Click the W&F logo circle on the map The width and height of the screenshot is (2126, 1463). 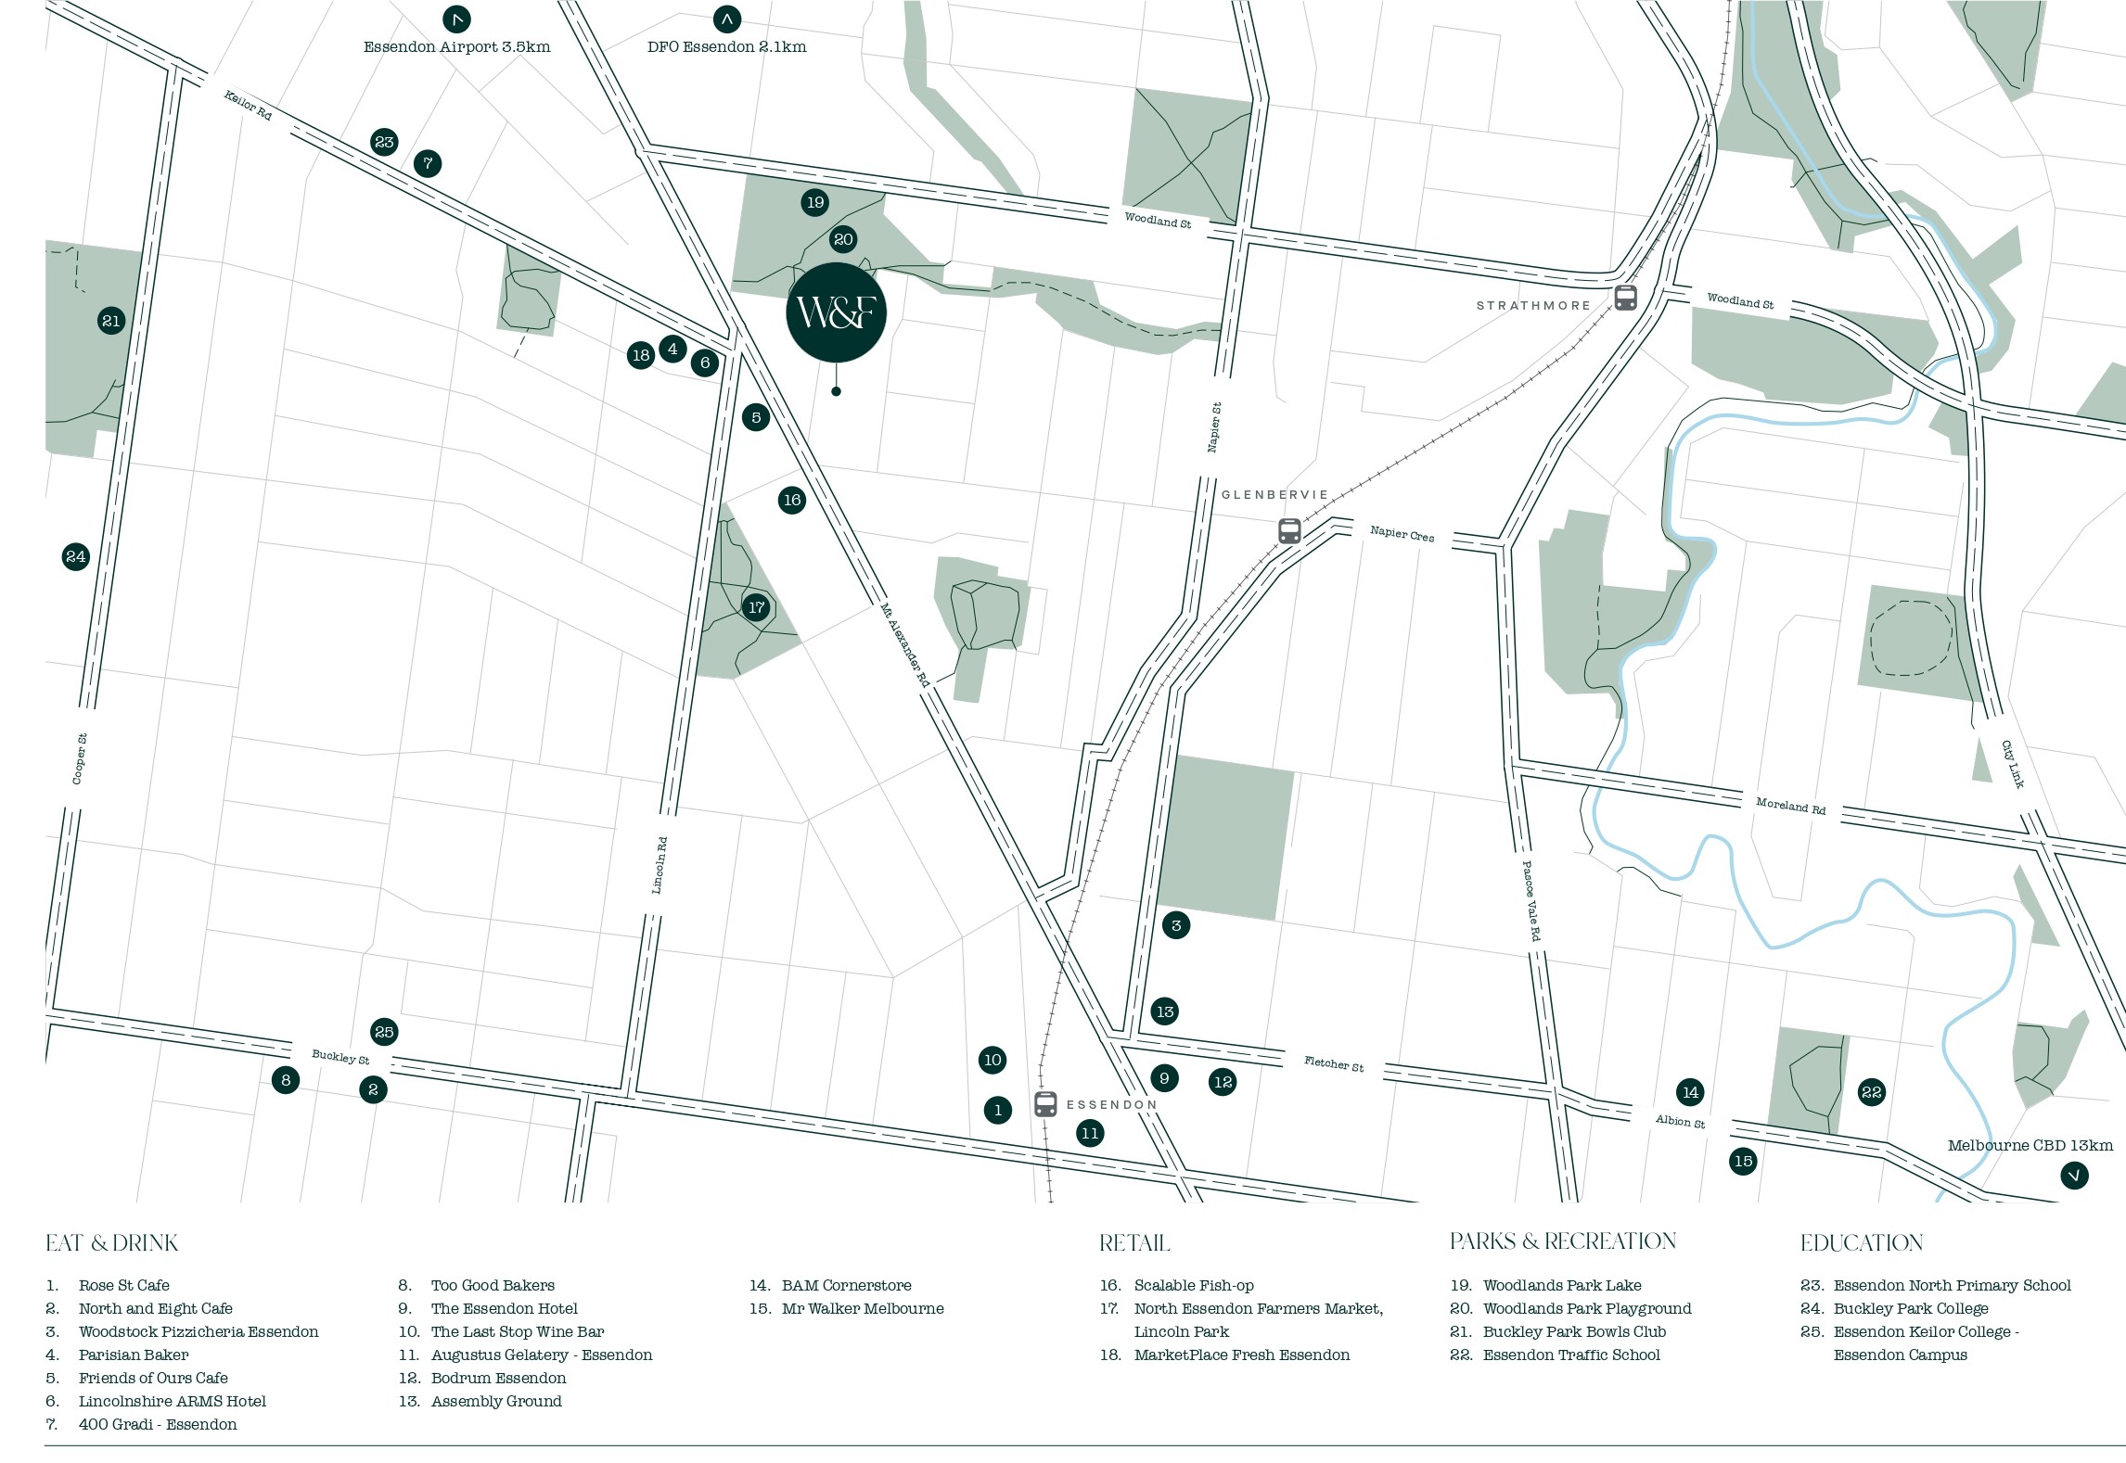pos(836,312)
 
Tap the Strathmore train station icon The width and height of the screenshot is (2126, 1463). pos(1625,298)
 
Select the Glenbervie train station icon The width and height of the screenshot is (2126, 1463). pos(1288,530)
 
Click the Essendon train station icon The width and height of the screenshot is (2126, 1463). pos(1045,1104)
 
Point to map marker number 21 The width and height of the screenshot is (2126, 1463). pos(111,321)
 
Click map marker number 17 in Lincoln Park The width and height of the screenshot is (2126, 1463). pos(756,607)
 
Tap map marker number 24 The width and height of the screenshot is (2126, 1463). pos(76,556)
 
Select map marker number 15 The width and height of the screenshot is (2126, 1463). pos(1743,1161)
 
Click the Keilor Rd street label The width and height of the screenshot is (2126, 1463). pos(248,105)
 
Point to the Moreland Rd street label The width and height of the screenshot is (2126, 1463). pos(1790,805)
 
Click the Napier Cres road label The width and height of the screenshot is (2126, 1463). pos(1402,533)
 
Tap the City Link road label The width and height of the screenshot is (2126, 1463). pos(2011,764)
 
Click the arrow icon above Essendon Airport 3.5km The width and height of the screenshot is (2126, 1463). pos(456,19)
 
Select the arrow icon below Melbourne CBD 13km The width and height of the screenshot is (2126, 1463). pos(2074,1176)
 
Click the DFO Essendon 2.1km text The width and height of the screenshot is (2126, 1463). pos(726,47)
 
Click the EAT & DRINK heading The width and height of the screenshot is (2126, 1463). pos(111,1243)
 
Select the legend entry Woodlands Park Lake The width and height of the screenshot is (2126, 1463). pos(1561,1285)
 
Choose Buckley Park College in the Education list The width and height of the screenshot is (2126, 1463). pos(1910,1308)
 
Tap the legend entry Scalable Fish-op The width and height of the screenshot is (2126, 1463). pos(1193,1285)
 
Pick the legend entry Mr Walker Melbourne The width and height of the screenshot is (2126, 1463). pos(862,1308)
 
